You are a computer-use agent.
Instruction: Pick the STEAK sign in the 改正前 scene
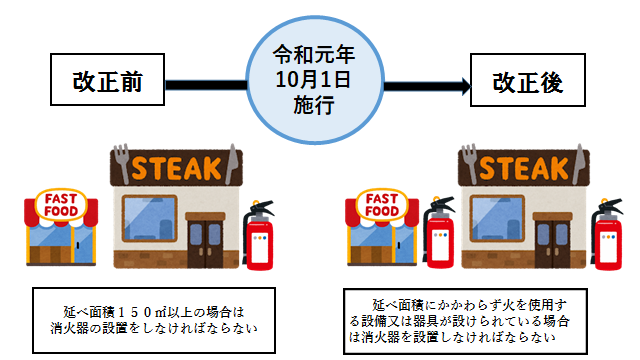[x=176, y=165]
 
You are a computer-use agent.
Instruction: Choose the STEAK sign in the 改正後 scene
[x=519, y=165]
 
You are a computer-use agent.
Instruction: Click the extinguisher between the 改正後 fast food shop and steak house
[x=437, y=238]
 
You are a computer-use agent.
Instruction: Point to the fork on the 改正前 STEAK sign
[x=120, y=160]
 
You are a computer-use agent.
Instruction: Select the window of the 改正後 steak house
[x=492, y=223]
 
